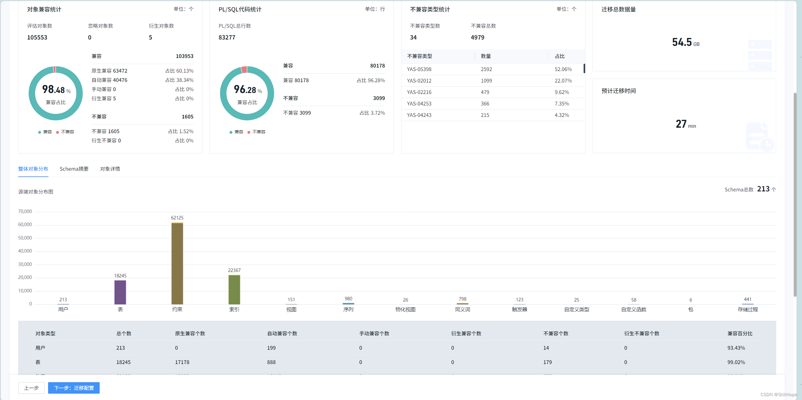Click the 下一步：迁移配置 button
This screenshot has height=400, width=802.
(x=74, y=388)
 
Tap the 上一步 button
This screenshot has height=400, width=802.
(x=31, y=388)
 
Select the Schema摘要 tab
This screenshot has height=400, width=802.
(x=74, y=169)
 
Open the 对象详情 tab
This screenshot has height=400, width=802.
(x=110, y=169)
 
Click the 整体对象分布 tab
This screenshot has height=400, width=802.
(x=33, y=169)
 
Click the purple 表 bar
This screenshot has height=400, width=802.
(x=120, y=292)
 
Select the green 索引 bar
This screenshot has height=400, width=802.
(x=234, y=289)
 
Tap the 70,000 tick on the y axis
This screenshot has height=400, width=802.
(x=25, y=211)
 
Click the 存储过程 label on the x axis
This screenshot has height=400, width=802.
(x=748, y=309)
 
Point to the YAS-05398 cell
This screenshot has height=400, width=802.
(x=419, y=69)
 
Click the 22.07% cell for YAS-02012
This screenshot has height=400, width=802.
(x=563, y=81)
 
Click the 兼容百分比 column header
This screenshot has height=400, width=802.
(x=740, y=333)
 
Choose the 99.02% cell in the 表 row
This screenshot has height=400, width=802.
(x=736, y=362)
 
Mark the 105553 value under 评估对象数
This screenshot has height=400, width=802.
(x=37, y=37)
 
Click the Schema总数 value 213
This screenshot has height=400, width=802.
(x=763, y=189)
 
